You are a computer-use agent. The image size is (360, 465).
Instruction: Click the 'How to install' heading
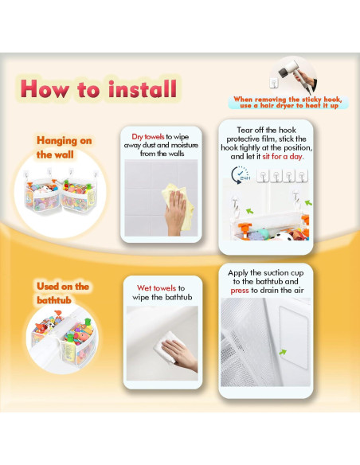click(99, 88)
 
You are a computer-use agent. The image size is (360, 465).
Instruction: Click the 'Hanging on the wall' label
click(64, 147)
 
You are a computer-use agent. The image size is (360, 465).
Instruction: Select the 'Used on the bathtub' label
click(63, 293)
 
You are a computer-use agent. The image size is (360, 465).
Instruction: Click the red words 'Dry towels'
click(147, 137)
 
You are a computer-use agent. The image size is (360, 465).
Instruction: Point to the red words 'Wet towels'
click(156, 288)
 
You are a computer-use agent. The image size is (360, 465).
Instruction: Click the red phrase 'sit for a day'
click(282, 156)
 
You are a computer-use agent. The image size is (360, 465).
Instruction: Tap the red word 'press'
click(240, 291)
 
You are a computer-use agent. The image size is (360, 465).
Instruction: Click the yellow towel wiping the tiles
click(178, 205)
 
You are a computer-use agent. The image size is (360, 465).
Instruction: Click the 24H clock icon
click(241, 175)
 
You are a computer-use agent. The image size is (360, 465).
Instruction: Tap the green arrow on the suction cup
click(283, 352)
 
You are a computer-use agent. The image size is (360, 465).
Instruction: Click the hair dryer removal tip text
click(288, 102)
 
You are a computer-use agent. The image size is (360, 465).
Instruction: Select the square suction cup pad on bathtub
click(294, 337)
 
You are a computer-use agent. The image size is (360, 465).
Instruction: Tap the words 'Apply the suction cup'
click(266, 272)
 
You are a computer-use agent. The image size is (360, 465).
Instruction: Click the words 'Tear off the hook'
click(266, 130)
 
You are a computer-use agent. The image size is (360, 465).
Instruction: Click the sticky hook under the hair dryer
click(274, 83)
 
